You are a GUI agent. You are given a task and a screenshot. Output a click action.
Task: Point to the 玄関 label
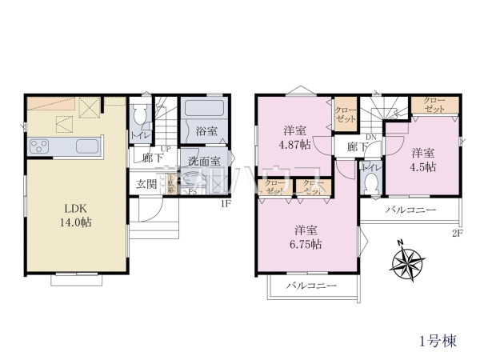click(146, 185)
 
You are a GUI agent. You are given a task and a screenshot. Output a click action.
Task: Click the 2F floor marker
click(458, 233)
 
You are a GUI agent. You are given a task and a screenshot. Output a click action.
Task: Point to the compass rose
click(410, 262)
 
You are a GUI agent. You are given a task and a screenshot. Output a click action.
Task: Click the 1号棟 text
click(437, 341)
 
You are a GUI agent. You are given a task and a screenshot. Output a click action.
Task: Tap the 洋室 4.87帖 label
click(294, 138)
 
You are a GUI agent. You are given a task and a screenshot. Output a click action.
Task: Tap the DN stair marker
click(370, 138)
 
